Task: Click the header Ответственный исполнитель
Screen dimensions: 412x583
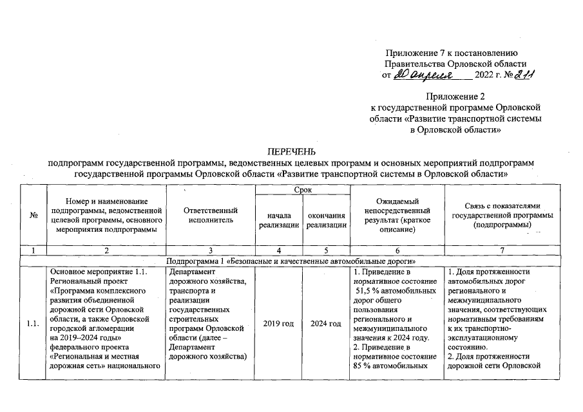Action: (x=211, y=216)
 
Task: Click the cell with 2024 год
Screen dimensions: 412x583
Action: (x=327, y=323)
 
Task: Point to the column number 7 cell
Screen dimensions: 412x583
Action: (x=502, y=250)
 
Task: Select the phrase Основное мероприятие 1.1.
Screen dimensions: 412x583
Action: (x=99, y=271)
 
